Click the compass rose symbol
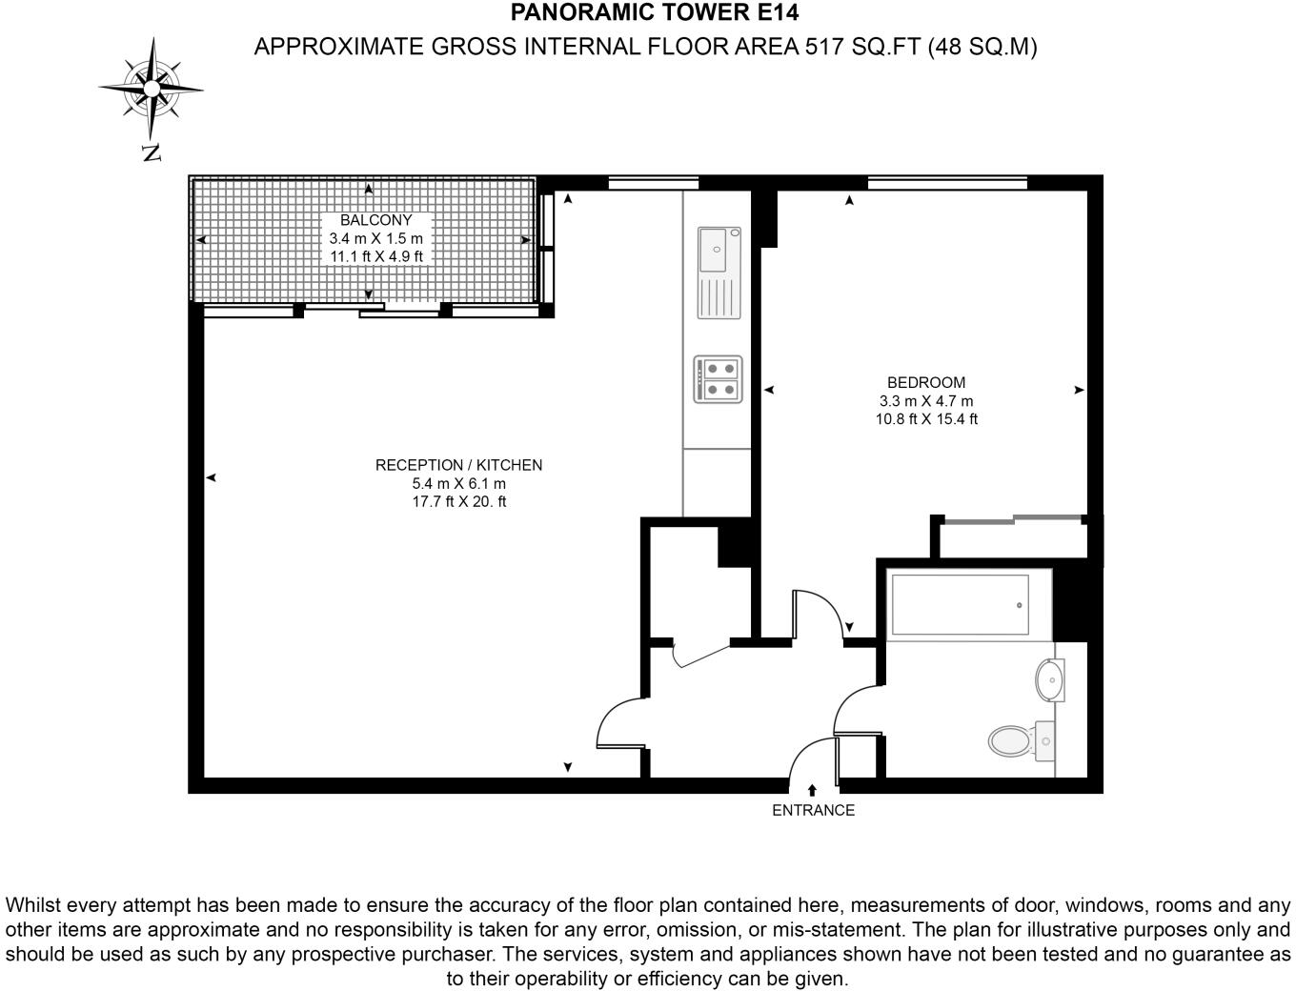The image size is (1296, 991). point(151,89)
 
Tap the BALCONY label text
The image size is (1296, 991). point(375,220)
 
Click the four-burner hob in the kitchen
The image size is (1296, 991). point(718,378)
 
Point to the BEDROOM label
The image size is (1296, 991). point(926,383)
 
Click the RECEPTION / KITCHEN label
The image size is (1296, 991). point(458,465)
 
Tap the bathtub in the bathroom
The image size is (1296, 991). point(959,605)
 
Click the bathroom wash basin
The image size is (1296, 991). point(1049,680)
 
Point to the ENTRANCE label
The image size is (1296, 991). point(813,810)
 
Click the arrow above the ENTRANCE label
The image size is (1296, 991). point(812,790)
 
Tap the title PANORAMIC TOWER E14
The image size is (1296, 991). point(655,12)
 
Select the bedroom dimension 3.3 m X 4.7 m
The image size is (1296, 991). point(926,401)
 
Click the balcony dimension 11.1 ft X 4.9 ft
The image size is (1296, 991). point(375,256)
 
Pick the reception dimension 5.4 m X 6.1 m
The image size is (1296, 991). point(458,483)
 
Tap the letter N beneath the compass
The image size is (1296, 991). point(151,152)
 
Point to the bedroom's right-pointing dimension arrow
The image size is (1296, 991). point(1079,390)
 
